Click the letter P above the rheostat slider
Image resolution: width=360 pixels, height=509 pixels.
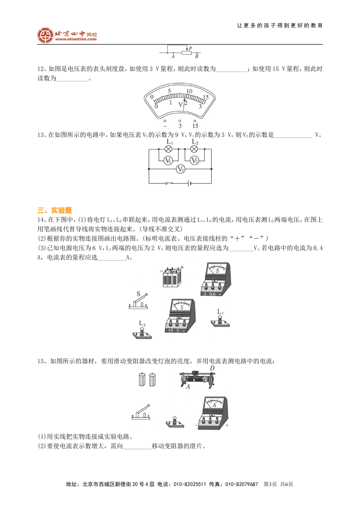point(190,48)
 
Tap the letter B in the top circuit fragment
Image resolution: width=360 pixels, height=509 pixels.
point(197,56)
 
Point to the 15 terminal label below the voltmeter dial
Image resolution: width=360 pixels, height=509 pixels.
point(195,126)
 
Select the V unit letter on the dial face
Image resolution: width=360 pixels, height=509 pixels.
point(180,105)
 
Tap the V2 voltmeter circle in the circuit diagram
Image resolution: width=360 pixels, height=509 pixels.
point(194,160)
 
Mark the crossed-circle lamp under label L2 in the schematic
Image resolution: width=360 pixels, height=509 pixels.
point(194,149)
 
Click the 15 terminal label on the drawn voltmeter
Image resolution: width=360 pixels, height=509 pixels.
point(171,330)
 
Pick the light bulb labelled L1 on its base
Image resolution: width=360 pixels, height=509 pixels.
point(220,319)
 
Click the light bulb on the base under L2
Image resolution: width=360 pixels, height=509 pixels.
point(143,330)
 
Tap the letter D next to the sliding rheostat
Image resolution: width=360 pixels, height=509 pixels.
point(212,369)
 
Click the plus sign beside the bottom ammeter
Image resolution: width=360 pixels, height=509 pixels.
point(227,426)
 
